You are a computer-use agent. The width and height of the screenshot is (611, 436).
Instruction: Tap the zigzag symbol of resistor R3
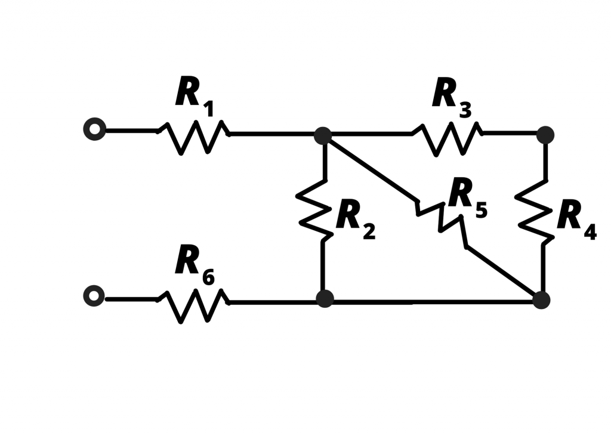447,138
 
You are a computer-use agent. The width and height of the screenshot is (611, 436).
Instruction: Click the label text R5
467,197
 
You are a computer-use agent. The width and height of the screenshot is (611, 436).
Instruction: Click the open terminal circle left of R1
94,129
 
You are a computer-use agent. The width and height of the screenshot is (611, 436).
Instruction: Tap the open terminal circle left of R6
94,296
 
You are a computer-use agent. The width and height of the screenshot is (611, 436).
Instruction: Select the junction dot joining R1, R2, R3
323,135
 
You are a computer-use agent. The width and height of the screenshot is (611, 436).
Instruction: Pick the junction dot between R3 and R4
545,135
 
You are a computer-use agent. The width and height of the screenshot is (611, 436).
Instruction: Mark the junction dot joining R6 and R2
325,298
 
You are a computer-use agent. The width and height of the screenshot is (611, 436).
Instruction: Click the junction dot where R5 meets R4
541,299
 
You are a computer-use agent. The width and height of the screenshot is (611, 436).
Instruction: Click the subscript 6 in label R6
208,277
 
